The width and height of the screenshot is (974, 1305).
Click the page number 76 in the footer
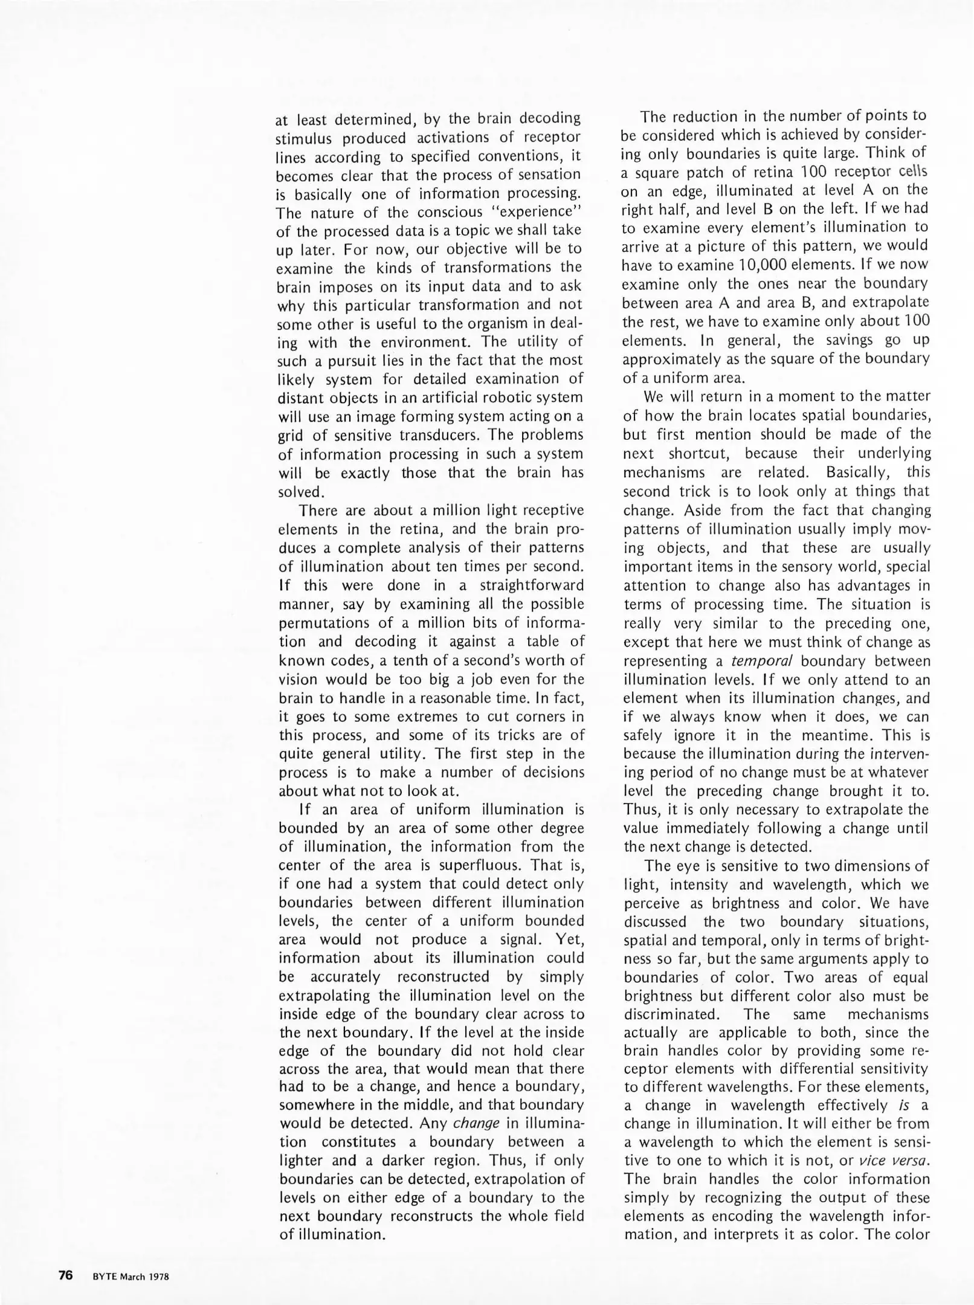coord(66,1273)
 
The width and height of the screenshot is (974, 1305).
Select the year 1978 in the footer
coord(158,1274)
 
